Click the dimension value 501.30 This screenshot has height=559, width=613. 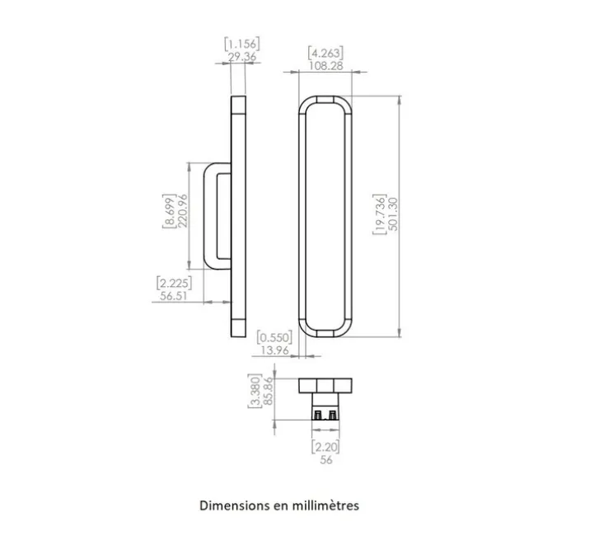click(x=393, y=214)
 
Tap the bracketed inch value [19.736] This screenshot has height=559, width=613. click(x=380, y=214)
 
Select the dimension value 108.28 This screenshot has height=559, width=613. click(x=325, y=66)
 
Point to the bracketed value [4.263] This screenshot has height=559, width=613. click(x=325, y=53)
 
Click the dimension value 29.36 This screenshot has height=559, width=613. click(x=242, y=57)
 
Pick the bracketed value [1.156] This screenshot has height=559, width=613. click(x=242, y=44)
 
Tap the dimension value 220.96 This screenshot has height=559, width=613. click(x=183, y=211)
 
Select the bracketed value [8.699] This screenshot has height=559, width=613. click(x=169, y=211)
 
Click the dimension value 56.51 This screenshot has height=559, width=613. click(x=174, y=296)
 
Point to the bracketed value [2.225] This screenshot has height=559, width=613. click(x=174, y=283)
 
